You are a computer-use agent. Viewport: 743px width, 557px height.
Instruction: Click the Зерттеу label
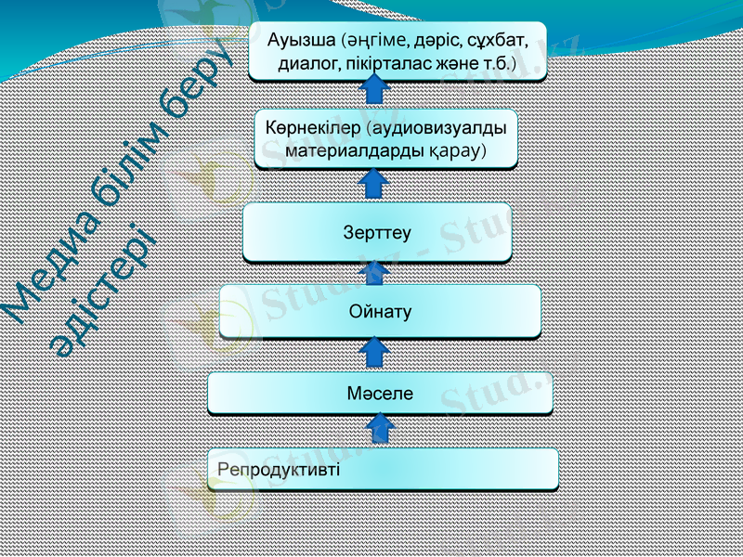377,232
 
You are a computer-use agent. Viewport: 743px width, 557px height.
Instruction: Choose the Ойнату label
380,311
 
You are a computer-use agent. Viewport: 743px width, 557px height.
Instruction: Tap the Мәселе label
380,393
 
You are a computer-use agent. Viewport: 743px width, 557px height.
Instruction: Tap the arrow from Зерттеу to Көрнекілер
373,185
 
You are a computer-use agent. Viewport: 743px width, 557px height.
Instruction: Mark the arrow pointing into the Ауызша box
373,91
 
